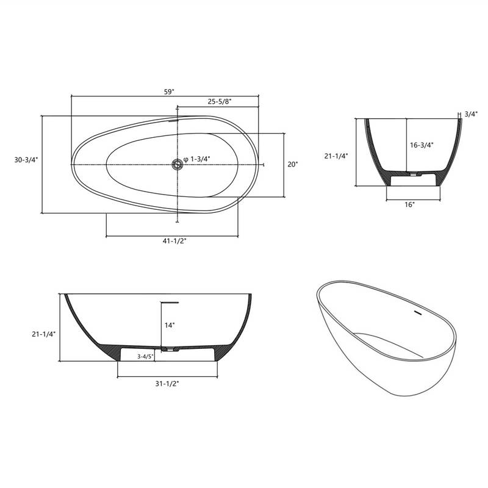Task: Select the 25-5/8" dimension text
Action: point(219,101)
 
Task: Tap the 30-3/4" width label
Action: point(26,159)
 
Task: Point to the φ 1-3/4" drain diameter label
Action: point(196,159)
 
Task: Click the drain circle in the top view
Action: point(178,163)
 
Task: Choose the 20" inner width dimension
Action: point(293,165)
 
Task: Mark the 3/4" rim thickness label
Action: point(470,113)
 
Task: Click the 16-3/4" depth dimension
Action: point(421,145)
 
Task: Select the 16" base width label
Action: point(409,205)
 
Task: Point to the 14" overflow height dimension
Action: point(170,325)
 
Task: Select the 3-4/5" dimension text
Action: point(144,356)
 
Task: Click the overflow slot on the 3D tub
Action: point(418,313)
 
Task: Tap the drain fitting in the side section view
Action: point(168,350)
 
